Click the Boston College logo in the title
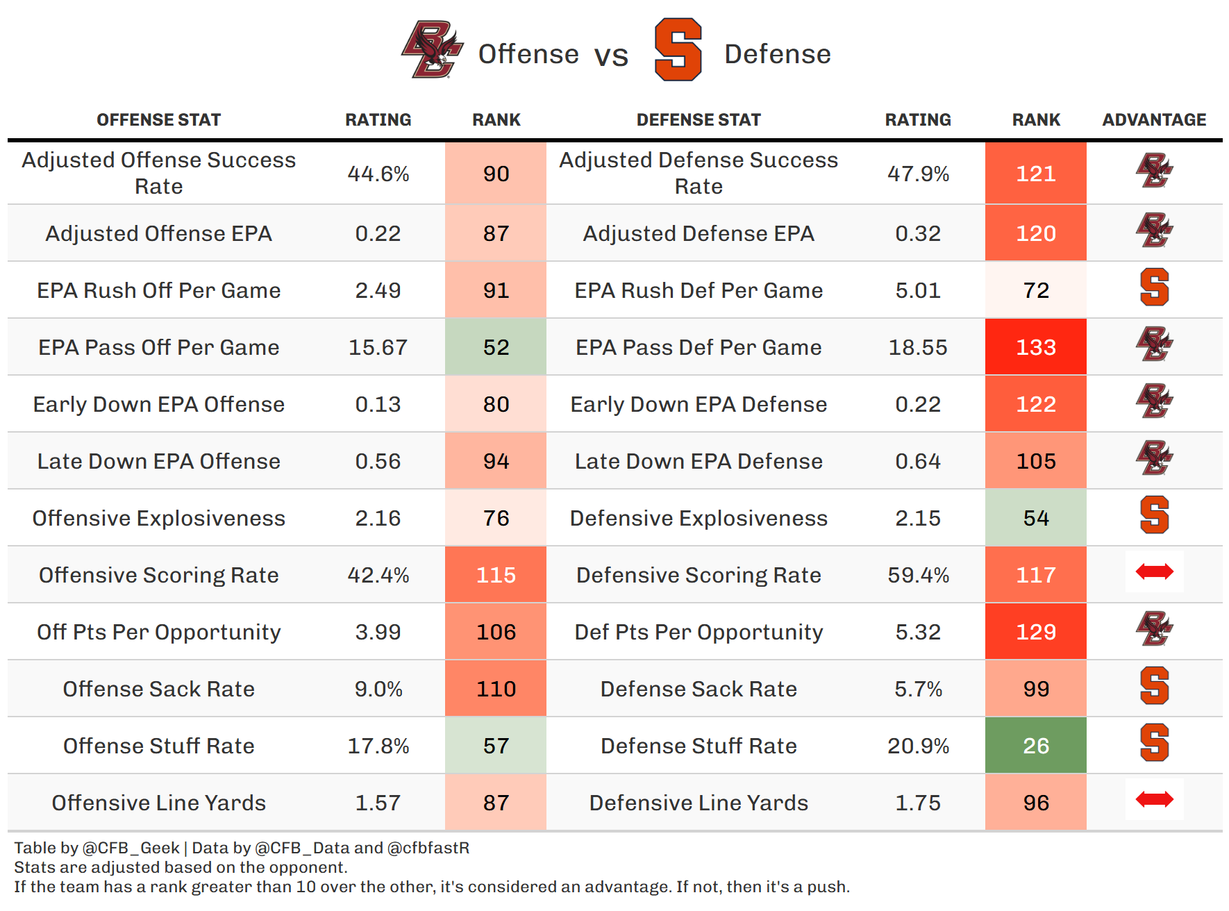(432, 49)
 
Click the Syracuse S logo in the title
(678, 50)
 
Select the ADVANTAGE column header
(1154, 120)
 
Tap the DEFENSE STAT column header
(699, 120)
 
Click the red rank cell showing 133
(1035, 347)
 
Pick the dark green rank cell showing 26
(1035, 746)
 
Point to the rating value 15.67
(378, 347)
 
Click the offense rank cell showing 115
(496, 575)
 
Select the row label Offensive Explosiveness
(159, 518)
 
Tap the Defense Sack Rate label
(699, 689)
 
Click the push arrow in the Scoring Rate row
(1154, 571)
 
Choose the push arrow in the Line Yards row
(1154, 799)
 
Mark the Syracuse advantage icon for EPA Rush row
(1154, 287)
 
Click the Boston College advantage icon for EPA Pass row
(1154, 344)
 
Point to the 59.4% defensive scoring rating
(918, 575)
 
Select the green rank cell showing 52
(496, 347)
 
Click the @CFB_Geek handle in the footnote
(131, 848)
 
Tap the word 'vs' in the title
(611, 56)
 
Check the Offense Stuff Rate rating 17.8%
(378, 746)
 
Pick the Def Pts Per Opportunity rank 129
(1035, 632)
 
